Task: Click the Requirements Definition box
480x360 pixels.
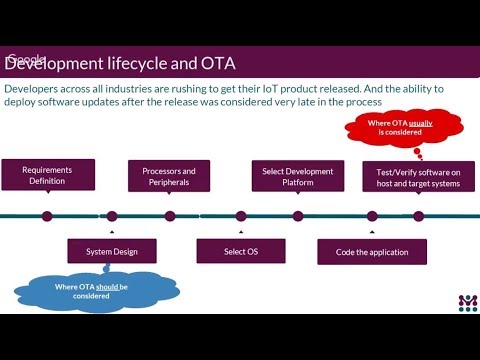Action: [x=48, y=175]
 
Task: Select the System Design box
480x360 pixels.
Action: [x=112, y=251]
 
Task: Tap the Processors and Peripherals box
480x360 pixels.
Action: [x=168, y=176]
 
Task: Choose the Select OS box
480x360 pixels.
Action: [x=240, y=250]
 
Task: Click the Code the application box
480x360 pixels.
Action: [x=372, y=251]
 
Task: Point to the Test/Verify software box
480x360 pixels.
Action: [x=417, y=176]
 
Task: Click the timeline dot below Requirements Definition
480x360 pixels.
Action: [x=47, y=215]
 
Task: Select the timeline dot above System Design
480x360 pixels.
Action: [x=112, y=215]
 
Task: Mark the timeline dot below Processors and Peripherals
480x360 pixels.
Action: [x=170, y=215]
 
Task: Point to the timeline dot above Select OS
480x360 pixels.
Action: [x=241, y=215]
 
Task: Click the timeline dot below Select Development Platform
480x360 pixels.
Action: [x=298, y=215]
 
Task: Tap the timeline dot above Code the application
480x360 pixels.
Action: [x=372, y=215]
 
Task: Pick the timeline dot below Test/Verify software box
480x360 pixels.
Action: [x=418, y=215]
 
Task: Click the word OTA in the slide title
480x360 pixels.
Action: [x=216, y=64]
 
